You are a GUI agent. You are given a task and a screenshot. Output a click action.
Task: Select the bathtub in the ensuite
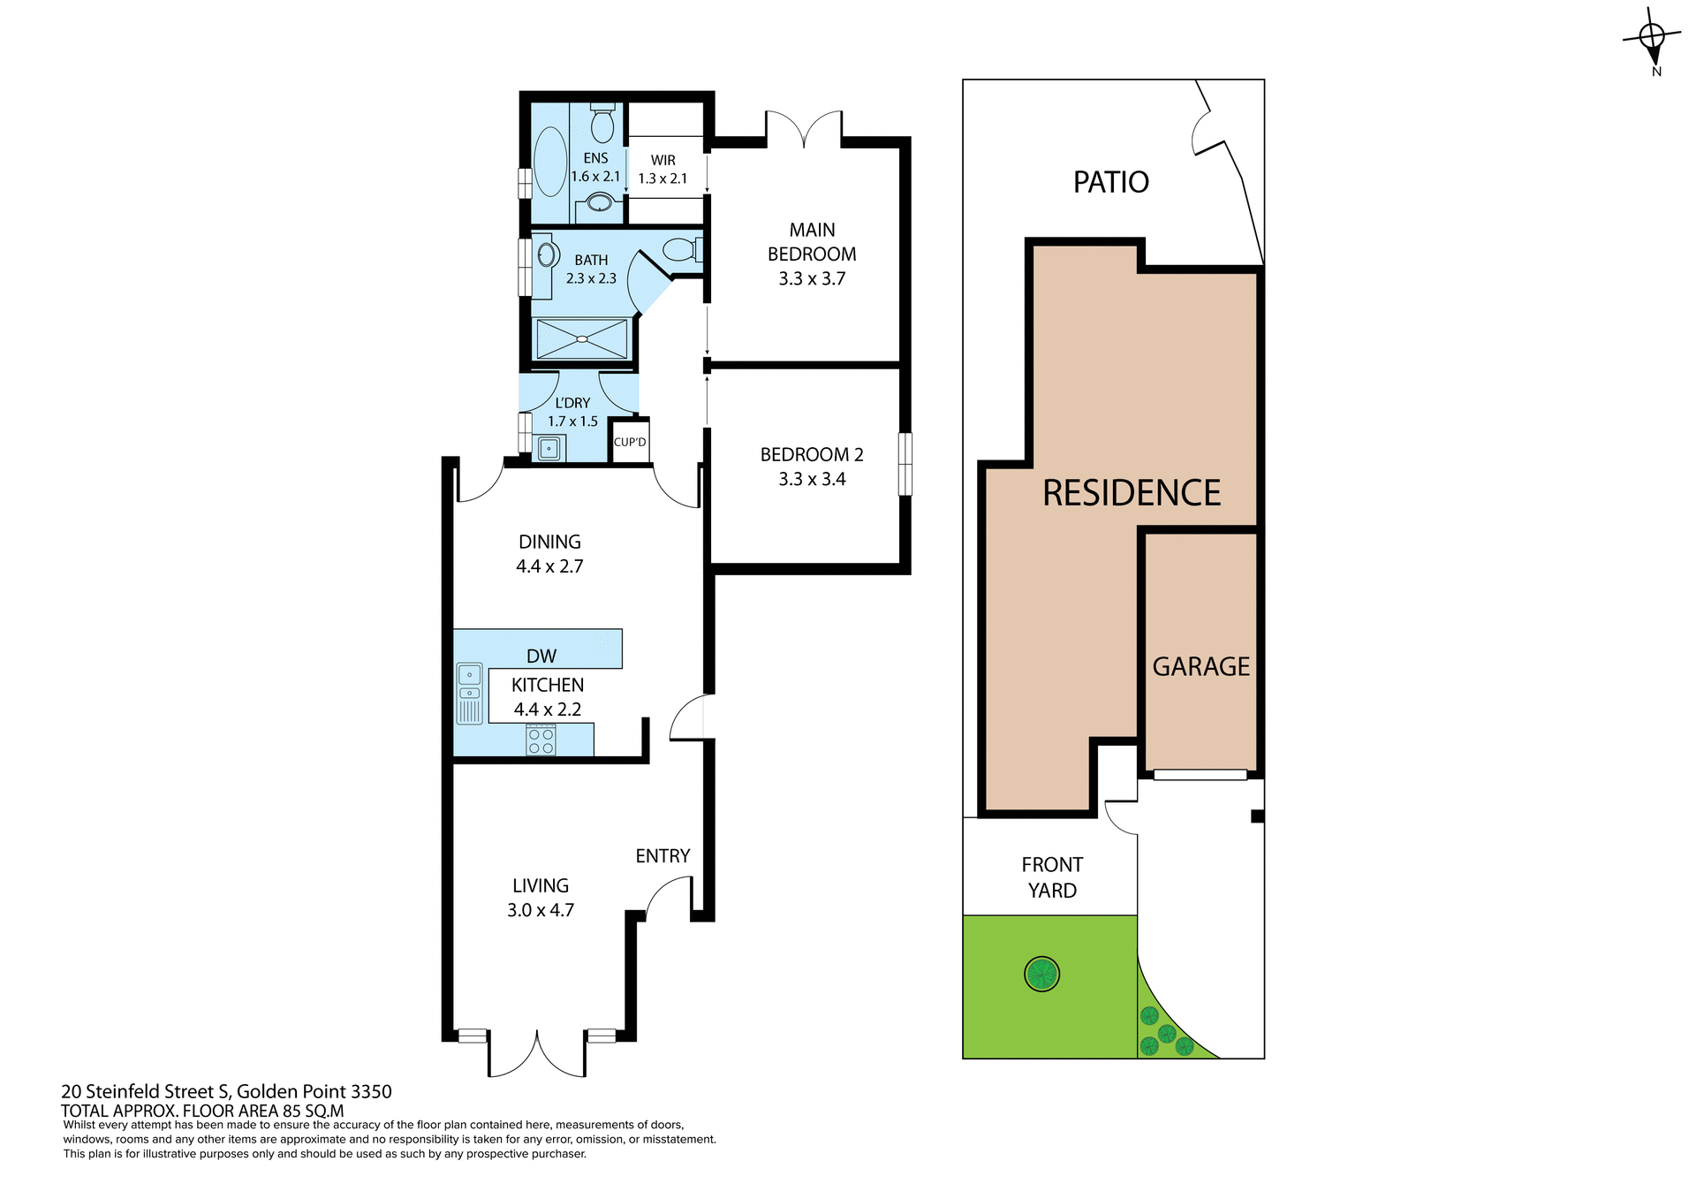[x=550, y=162]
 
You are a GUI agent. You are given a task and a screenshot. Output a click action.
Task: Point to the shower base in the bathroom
[x=581, y=339]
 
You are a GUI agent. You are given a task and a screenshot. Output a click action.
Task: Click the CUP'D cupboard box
[x=630, y=442]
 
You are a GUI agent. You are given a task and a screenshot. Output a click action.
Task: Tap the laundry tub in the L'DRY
[x=549, y=449]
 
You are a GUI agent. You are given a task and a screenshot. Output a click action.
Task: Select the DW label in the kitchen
[x=541, y=656]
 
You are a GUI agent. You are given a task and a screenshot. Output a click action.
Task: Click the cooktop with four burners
[x=541, y=740]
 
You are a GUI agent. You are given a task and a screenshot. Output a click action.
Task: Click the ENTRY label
[x=662, y=855]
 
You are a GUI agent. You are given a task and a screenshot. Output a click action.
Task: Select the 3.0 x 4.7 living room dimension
[x=541, y=910]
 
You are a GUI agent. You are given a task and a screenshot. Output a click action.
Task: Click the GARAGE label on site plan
[x=1200, y=667]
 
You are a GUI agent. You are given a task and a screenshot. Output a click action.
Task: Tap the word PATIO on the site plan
[x=1110, y=182]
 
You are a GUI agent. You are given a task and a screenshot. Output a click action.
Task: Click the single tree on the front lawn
[x=1041, y=975]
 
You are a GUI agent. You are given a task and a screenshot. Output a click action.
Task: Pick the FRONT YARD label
[x=1052, y=877]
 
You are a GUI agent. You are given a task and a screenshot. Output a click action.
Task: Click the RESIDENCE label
[x=1132, y=493]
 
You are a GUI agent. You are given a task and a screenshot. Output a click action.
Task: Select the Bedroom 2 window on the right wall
[x=905, y=464]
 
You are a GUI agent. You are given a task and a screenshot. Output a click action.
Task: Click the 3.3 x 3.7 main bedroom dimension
[x=812, y=279]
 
